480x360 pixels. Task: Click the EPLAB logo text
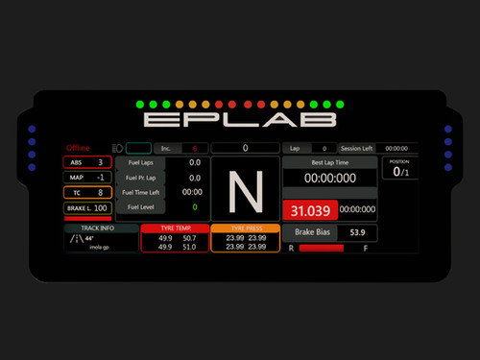tap(240, 120)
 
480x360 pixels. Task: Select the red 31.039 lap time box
tap(309, 209)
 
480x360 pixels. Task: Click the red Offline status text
tap(78, 148)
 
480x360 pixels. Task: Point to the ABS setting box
tap(87, 162)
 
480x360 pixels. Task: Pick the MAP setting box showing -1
tap(87, 178)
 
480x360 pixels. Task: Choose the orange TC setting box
tap(87, 192)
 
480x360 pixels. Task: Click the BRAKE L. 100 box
tap(87, 207)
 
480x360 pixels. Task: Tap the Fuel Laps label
tap(141, 163)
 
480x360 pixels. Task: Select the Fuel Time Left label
tap(141, 192)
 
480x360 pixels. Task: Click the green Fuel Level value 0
tap(195, 206)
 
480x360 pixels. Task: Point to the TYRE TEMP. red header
tap(169, 229)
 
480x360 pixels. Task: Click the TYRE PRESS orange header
tap(248, 229)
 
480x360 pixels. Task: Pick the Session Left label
tap(356, 149)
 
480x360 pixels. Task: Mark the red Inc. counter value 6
tap(194, 149)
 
